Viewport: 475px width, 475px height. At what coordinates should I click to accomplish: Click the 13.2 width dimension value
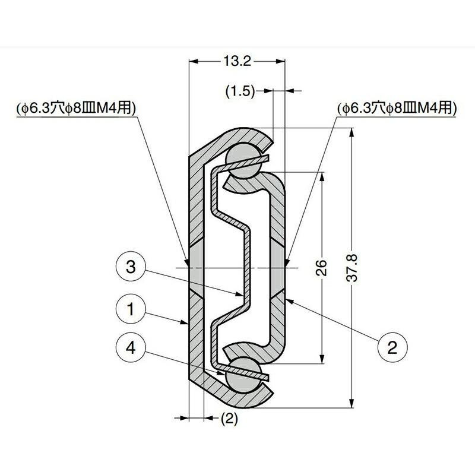click(237, 61)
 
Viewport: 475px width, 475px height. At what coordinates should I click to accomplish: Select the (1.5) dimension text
click(240, 91)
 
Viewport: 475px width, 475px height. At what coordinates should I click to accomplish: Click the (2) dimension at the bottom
click(229, 419)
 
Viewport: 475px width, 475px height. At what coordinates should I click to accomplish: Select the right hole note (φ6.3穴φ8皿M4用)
click(397, 108)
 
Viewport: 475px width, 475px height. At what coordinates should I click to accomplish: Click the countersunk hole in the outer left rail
click(197, 267)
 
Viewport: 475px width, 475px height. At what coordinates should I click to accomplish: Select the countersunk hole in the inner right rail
click(278, 267)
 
